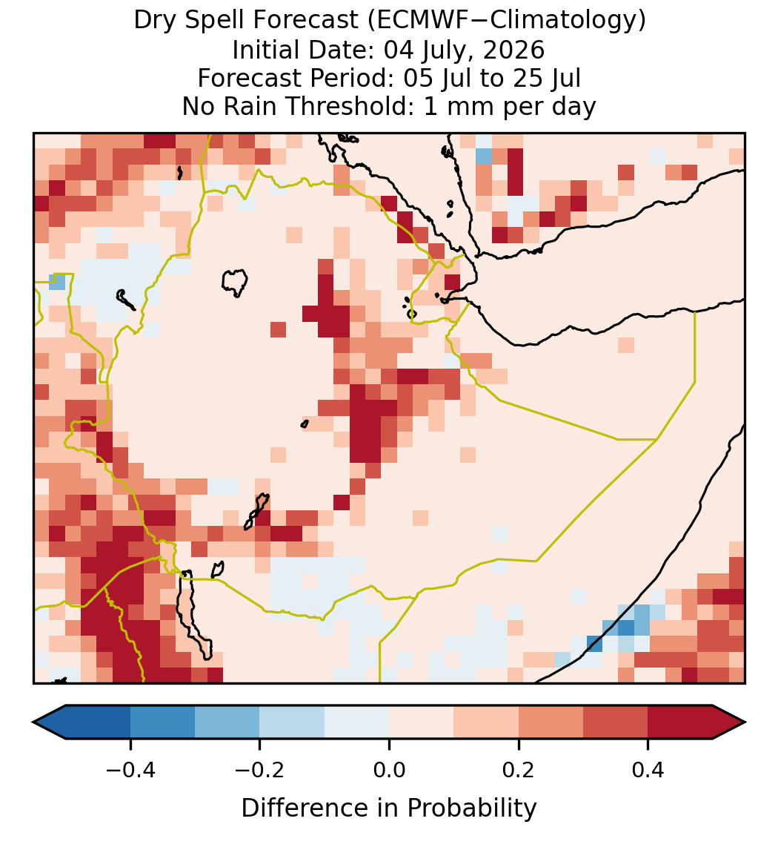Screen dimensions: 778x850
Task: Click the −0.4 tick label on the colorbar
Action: (x=130, y=770)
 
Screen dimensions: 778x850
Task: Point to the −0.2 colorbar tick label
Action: (x=260, y=770)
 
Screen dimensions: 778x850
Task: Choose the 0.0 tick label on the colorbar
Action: (x=389, y=770)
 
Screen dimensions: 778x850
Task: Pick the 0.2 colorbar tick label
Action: (x=519, y=770)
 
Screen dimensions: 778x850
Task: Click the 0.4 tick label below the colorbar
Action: (x=648, y=770)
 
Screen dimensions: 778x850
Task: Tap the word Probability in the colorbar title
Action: (x=472, y=808)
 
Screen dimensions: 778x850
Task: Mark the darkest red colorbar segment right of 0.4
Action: (x=680, y=722)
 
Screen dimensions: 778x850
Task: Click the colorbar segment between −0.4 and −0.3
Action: (x=162, y=722)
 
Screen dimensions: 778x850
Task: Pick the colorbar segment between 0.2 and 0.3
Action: (x=551, y=722)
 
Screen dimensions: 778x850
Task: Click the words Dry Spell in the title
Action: (x=190, y=21)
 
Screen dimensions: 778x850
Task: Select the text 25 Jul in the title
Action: (x=546, y=78)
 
